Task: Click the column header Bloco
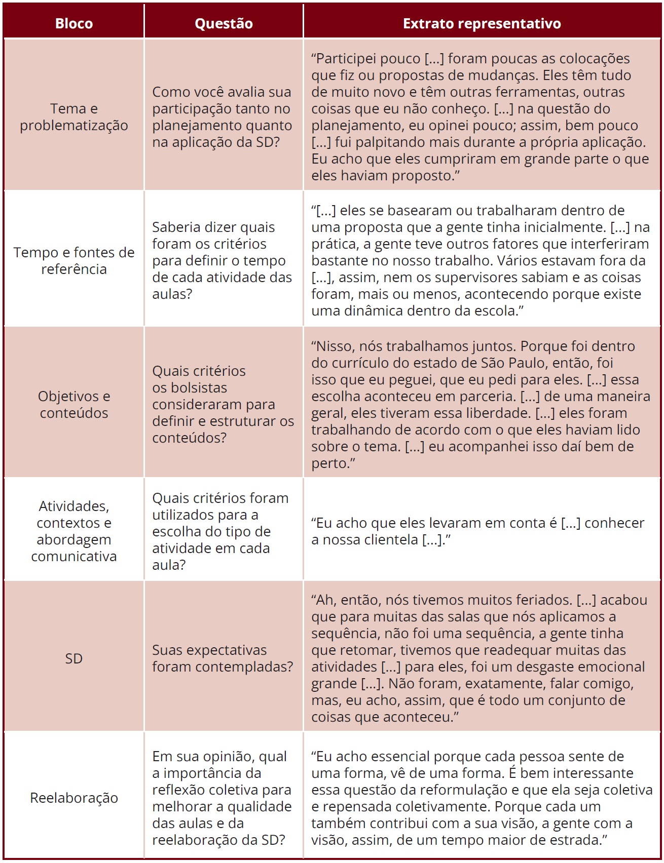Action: coord(74,23)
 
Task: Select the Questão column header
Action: coord(224,23)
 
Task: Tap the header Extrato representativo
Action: coord(482,23)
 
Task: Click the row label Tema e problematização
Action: coord(74,117)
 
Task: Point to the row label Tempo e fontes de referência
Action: coord(74,260)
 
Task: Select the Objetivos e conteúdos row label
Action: coord(74,404)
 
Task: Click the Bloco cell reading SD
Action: coord(74,658)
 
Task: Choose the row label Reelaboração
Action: coord(74,798)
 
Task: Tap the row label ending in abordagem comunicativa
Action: coord(74,531)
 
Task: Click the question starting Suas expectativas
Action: coord(223,658)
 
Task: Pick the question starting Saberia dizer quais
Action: coord(222,260)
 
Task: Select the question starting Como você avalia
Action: coord(222,117)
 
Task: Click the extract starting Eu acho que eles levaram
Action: coord(477,531)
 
